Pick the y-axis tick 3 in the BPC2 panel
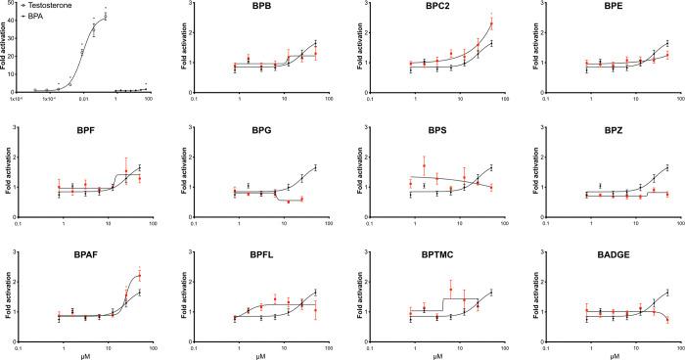pyautogui.click(x=358, y=7)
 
